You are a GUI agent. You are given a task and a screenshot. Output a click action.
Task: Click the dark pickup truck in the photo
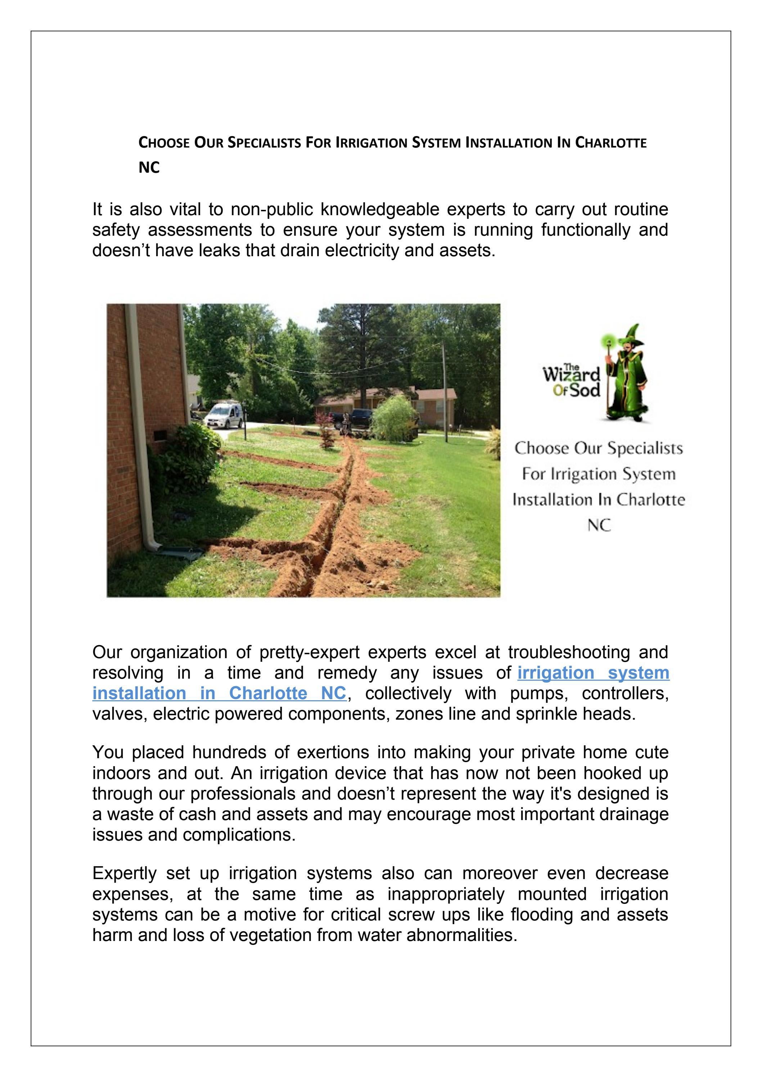[353, 417]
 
